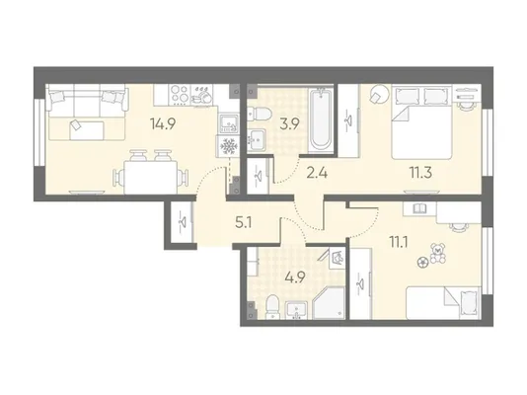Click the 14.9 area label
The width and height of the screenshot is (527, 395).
tap(164, 124)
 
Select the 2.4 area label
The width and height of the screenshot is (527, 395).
tap(317, 174)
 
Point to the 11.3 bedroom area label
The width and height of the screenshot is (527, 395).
tap(420, 174)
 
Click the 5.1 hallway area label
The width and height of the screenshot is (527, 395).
tap(244, 223)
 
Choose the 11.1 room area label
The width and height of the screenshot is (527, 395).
tap(399, 242)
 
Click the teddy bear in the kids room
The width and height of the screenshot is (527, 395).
tap(438, 253)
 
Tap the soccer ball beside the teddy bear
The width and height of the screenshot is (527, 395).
tap(421, 263)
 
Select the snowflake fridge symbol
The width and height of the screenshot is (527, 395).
tap(228, 146)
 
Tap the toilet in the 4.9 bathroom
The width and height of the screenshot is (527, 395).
tap(272, 306)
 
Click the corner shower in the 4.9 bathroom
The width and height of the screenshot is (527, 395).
tap(329, 302)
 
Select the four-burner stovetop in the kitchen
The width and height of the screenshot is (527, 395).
tap(180, 94)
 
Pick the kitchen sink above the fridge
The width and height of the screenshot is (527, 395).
tap(229, 123)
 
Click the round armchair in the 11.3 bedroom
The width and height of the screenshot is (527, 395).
tap(379, 94)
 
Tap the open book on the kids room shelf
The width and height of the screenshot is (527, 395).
tap(419, 208)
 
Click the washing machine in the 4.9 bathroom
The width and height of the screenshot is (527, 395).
tap(337, 259)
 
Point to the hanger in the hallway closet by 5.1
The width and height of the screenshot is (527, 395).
tap(182, 221)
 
